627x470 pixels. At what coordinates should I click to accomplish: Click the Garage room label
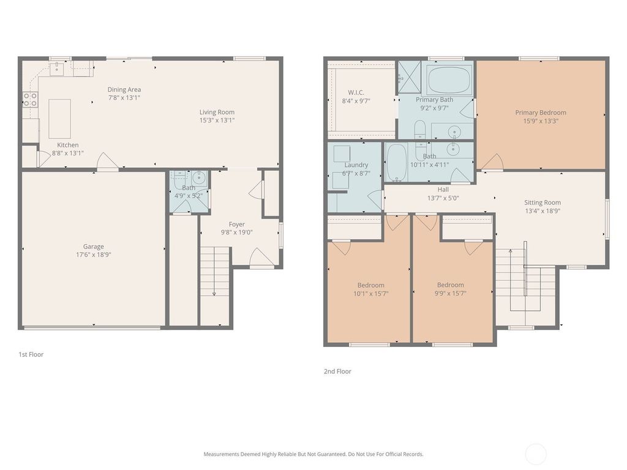pos(94,247)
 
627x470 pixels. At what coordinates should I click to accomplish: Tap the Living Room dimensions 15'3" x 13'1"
pos(217,120)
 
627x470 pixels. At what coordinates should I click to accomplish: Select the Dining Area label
pos(124,89)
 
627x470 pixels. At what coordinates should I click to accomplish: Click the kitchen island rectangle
pos(59,119)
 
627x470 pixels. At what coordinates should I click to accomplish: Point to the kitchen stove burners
pos(30,100)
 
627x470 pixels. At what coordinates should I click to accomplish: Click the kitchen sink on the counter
pos(57,69)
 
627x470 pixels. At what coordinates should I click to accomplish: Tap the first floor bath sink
pos(199,177)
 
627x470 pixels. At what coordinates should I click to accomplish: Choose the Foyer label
pos(237,224)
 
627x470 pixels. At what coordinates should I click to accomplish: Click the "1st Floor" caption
pos(31,354)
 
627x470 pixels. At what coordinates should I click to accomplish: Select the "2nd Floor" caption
pos(337,371)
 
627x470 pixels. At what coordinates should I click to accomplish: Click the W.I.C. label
pos(356,93)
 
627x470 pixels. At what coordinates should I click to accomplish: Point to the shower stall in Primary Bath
pos(409,77)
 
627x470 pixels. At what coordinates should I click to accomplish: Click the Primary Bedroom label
pos(541,113)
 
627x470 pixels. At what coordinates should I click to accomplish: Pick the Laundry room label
pos(356,165)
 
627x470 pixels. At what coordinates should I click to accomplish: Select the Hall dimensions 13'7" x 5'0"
pos(443,198)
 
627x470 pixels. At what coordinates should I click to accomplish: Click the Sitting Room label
pos(543,203)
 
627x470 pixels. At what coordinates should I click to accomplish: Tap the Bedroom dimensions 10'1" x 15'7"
pos(371,293)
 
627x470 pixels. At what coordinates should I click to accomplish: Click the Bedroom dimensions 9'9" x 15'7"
pos(451,293)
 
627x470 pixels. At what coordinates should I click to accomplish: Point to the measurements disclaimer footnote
pos(313,454)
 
